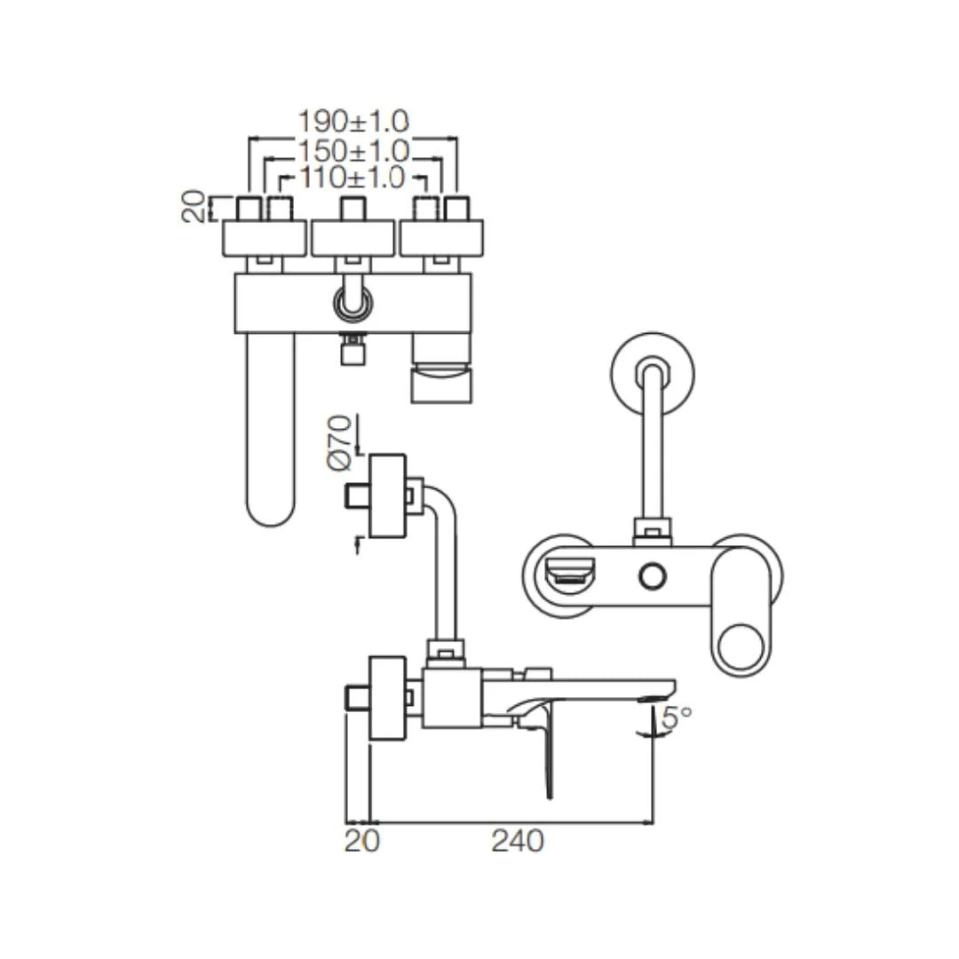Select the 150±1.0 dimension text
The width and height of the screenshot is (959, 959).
pos(353,150)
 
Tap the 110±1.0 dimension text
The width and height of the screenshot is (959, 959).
pos(352,178)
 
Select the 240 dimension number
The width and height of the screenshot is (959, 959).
pos(517,840)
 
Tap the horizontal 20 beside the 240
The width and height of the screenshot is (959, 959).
pos(361,840)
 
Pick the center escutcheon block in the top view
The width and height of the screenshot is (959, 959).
pos(353,239)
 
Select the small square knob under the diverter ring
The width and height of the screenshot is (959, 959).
pos(353,353)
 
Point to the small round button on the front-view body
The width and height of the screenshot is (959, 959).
pos(653,577)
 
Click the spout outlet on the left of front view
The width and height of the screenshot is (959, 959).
pos(568,578)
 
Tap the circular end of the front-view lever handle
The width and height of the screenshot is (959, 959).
pos(744,649)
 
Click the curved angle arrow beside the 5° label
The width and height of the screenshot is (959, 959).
pos(655,719)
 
